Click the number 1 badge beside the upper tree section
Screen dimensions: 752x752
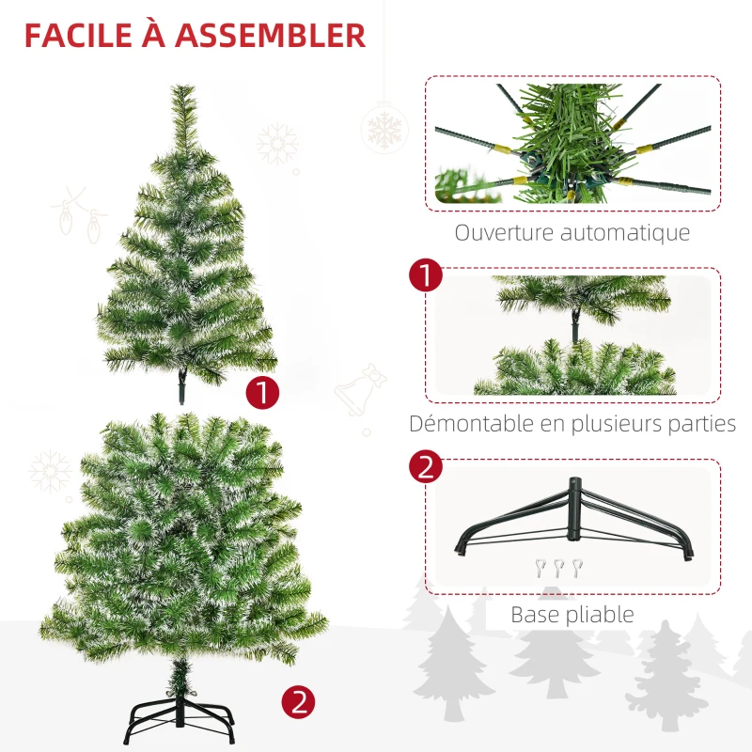coord(262,392)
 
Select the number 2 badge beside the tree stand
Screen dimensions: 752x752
coord(298,700)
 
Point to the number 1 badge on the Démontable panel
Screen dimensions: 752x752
coord(426,276)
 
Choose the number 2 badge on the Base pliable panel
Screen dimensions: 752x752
coord(426,467)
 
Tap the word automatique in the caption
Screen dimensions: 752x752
coord(627,232)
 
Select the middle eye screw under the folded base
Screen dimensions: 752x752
coord(556,567)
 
